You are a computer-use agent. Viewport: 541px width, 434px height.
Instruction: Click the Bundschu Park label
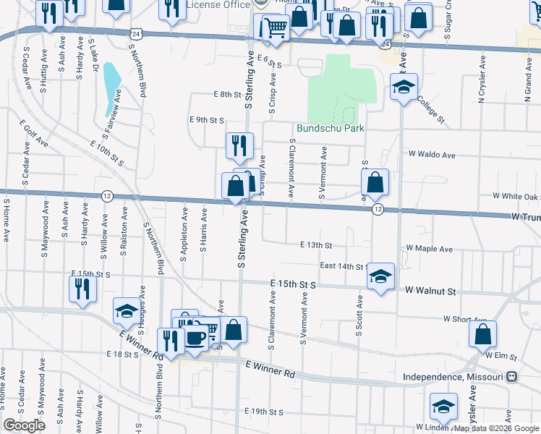[x=328, y=129]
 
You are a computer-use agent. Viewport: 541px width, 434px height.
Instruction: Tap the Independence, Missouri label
[x=453, y=378]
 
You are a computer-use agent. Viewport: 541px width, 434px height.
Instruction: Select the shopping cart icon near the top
[x=275, y=27]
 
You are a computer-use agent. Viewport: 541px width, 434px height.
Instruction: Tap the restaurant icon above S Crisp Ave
[x=239, y=145]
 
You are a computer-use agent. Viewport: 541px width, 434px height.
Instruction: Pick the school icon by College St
[x=402, y=89]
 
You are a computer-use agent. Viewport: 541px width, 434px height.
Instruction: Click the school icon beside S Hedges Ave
[x=127, y=311]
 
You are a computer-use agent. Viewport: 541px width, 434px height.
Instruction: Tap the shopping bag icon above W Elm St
[x=482, y=333]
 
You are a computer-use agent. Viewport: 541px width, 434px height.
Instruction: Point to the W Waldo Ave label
[x=432, y=155]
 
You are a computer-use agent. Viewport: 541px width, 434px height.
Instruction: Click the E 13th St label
[x=316, y=245]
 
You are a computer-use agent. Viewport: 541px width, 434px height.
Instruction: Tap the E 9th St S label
[x=206, y=119]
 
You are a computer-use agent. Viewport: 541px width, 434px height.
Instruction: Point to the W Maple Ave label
[x=430, y=249]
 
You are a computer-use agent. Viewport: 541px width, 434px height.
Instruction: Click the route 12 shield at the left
[x=107, y=196]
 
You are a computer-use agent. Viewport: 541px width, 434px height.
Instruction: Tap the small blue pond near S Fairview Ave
[x=112, y=88]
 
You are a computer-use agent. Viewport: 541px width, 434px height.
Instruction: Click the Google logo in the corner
[x=25, y=425]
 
